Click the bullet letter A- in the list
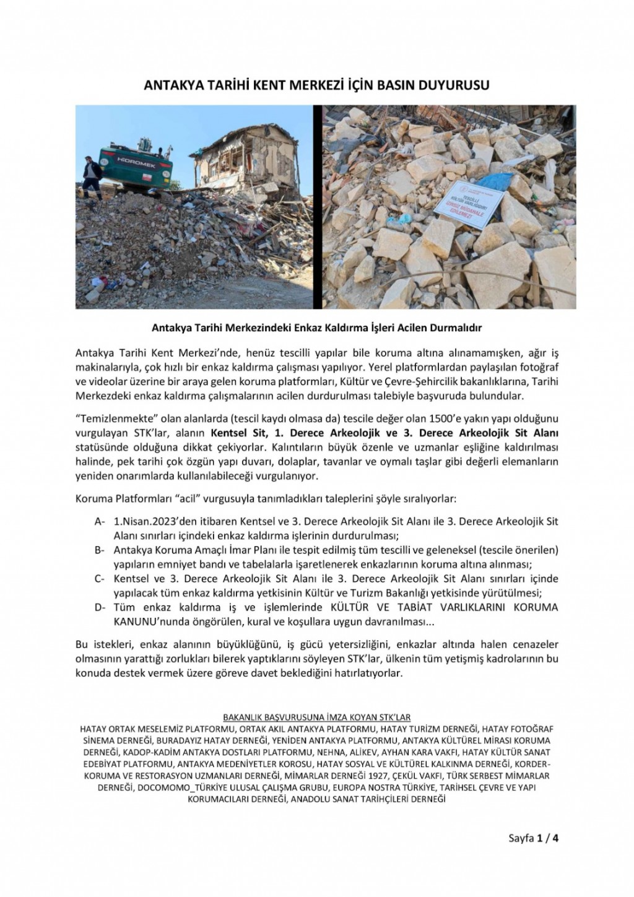coord(100,522)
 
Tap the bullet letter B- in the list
coord(100,550)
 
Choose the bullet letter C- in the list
coord(100,579)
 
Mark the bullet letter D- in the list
coord(100,607)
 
